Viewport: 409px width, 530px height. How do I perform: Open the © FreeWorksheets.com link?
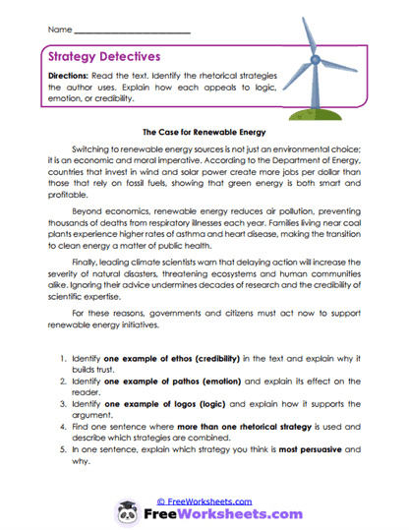click(206, 501)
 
